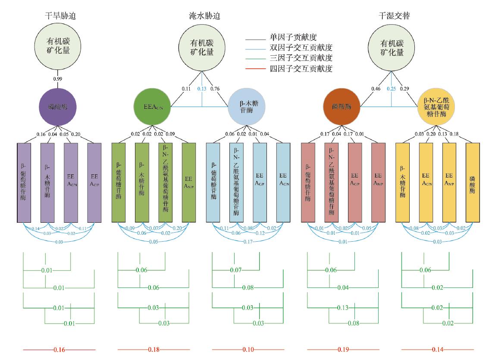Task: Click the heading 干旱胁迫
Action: [x=63, y=16]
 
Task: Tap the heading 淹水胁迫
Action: [x=205, y=16]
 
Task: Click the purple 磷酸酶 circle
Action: [x=57, y=106]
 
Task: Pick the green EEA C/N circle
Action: [x=153, y=106]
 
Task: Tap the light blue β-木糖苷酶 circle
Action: [x=246, y=106]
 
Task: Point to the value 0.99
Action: [x=57, y=79]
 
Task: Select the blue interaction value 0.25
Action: [x=391, y=89]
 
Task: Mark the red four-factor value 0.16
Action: [x=59, y=349]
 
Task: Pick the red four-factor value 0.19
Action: [x=343, y=349]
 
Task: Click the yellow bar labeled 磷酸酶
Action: [x=473, y=183]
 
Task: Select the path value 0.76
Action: [x=215, y=89]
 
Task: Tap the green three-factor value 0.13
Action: [x=343, y=308]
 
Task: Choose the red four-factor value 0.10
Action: [x=248, y=349]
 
